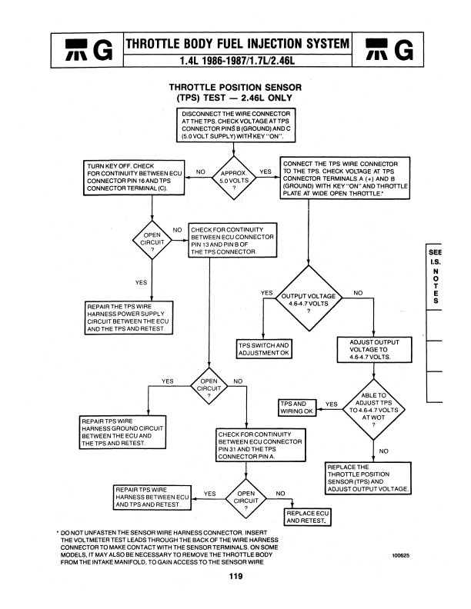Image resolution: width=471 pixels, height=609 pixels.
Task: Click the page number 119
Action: pyautogui.click(x=235, y=577)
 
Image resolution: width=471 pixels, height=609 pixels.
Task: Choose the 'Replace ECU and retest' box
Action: pyautogui.click(x=308, y=517)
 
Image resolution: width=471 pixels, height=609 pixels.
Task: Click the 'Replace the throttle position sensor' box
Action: pyautogui.click(x=369, y=478)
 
